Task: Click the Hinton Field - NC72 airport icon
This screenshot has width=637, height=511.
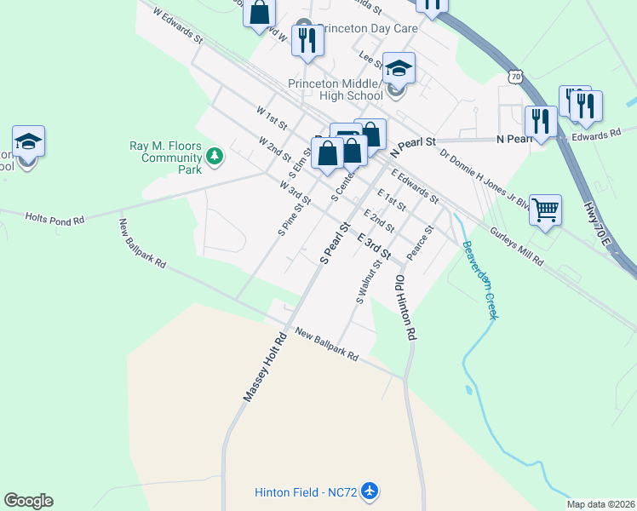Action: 369,491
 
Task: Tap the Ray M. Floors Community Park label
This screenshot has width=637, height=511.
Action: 165,158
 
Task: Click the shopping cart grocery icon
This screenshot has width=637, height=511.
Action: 545,209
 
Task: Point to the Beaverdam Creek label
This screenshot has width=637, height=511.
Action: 479,279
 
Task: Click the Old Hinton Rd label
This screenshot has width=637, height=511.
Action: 405,306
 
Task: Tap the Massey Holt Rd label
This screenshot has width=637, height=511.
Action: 267,367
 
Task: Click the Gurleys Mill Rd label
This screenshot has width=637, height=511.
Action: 516,247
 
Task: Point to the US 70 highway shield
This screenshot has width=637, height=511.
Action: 516,77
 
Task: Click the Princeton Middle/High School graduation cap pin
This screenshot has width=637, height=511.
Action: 398,68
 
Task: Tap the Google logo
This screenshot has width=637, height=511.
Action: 28,501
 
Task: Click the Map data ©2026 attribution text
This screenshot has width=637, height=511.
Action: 601,504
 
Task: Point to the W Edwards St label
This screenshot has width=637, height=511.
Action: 177,26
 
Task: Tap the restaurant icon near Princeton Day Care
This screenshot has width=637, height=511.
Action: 305,39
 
